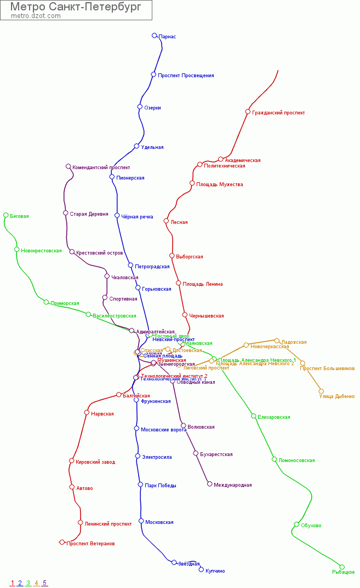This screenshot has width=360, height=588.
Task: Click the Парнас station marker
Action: [155, 36]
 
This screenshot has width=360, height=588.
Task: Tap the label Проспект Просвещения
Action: [186, 76]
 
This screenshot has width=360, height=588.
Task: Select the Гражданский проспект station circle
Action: [248, 112]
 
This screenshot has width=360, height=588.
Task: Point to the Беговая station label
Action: [19, 216]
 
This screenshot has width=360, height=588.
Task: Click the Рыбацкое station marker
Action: [342, 567]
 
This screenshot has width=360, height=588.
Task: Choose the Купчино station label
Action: [215, 571]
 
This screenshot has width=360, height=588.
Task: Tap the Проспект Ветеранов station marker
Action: [62, 542]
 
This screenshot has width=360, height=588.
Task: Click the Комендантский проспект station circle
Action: [68, 166]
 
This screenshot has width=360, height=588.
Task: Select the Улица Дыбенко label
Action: [336, 396]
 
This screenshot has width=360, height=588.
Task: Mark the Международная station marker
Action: [209, 484]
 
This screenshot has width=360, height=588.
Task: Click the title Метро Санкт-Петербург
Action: [76, 7]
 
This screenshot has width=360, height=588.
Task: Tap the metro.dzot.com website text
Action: [36, 16]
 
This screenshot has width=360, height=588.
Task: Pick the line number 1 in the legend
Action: [12, 583]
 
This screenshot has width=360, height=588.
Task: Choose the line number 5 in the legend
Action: [44, 583]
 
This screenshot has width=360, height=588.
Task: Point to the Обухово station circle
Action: [296, 524]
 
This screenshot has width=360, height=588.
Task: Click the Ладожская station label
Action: [294, 342]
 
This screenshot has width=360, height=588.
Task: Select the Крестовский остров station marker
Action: [72, 252]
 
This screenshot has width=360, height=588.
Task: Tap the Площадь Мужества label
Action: [219, 185]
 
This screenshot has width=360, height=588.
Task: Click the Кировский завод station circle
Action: [71, 460]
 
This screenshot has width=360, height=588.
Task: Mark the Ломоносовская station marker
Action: [275, 459]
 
